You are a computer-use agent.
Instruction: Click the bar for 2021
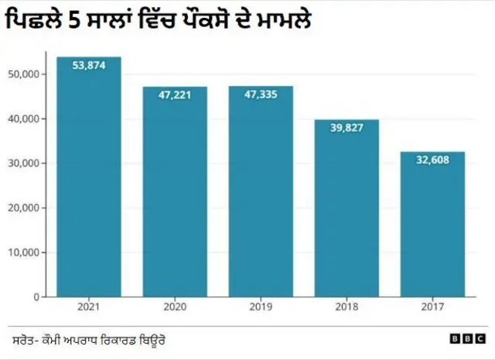click(89, 178)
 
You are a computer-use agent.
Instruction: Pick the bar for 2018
click(346, 209)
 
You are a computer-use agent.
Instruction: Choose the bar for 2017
click(432, 225)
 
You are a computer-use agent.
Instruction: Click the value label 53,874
click(89, 66)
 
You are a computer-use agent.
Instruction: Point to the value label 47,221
click(175, 94)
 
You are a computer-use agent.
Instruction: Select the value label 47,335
click(261, 94)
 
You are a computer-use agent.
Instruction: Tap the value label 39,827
click(346, 128)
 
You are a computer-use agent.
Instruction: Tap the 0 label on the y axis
click(36, 297)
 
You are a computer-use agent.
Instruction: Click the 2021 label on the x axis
click(89, 307)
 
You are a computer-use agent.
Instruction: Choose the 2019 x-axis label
click(261, 307)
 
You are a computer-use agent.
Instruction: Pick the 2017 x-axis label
click(432, 307)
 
